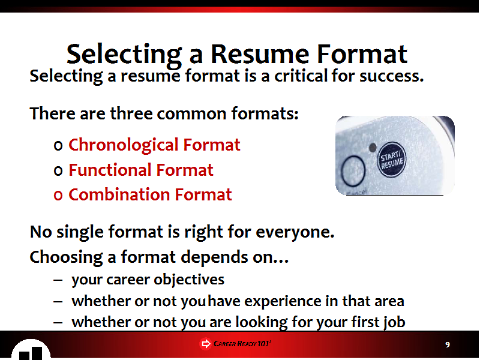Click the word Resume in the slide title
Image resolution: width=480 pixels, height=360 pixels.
tap(260, 54)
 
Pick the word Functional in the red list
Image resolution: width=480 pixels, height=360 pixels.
tap(110, 170)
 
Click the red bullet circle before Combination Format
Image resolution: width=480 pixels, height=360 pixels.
tap(58, 196)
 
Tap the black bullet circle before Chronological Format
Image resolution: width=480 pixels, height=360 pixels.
tap(58, 146)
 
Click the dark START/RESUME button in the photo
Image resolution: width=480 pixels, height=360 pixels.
tap(392, 160)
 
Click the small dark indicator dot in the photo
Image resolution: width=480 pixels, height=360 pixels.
tap(373, 148)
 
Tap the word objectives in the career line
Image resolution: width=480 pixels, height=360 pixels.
tap(189, 280)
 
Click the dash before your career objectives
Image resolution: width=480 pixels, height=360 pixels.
tap(58, 280)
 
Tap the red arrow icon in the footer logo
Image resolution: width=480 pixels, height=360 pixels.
tap(205, 344)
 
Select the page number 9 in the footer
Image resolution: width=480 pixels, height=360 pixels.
tap(448, 345)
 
